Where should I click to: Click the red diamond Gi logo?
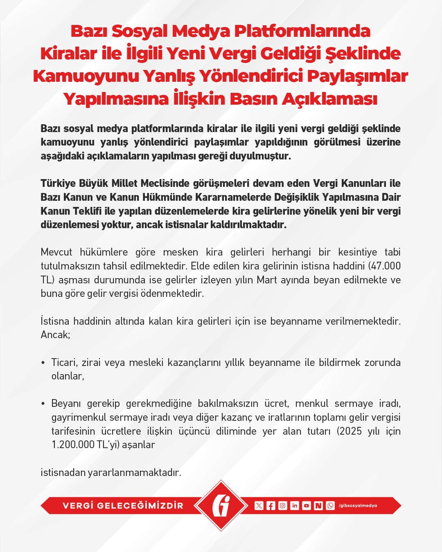221,505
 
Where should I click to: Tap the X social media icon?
259,506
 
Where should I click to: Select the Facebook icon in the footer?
271,506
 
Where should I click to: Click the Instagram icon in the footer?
282,506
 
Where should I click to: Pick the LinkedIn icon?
294,506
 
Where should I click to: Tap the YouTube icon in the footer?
306,506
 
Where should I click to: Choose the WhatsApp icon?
330,506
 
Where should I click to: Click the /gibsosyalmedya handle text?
358,506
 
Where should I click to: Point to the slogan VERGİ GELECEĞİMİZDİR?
123,506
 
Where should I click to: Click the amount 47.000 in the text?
386,266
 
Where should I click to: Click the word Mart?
266,280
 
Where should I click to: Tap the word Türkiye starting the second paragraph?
58,183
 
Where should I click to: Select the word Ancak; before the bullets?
55,335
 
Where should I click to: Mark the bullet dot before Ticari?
43,363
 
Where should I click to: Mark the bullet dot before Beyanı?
43,404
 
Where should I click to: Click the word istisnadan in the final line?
63,473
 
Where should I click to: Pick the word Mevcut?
56,252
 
